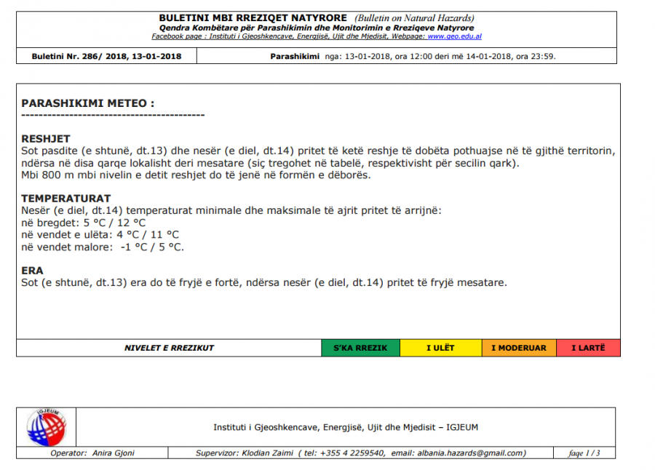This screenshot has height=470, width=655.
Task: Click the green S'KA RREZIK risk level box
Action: coord(360,348)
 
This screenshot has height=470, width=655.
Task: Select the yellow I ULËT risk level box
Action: coord(440,348)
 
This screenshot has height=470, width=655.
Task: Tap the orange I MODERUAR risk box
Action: coord(518,348)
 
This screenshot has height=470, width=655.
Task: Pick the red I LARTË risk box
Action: coord(588,348)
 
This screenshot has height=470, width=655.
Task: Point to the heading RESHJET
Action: coord(45,139)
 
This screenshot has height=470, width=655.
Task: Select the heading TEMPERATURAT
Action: coord(65,199)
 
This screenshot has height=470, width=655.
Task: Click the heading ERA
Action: coord(32,271)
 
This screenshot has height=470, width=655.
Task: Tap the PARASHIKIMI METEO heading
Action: coord(87,104)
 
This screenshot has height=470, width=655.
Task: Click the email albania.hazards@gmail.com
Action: coord(471,453)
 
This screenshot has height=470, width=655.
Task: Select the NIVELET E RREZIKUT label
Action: coord(169,348)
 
